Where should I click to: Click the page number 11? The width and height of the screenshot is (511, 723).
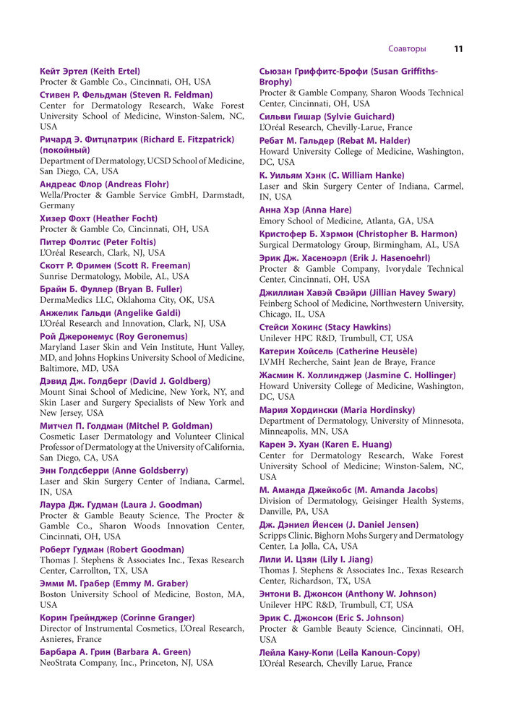(x=458, y=49)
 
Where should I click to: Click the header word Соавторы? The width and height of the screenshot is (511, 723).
(x=407, y=49)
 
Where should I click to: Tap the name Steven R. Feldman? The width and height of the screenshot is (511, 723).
(x=126, y=95)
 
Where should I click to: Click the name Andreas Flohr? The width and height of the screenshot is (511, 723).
(x=104, y=184)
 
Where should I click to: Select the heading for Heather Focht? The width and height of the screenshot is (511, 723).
(x=98, y=218)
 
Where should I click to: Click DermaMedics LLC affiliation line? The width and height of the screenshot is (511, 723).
(x=127, y=300)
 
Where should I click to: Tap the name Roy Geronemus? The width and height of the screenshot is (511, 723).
(x=113, y=336)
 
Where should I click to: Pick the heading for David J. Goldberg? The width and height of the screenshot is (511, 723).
(x=125, y=380)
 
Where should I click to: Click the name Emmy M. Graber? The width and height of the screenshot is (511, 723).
(x=113, y=583)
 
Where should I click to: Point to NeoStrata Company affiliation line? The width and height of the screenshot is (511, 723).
(x=126, y=662)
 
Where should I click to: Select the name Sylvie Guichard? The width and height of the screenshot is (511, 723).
(x=327, y=116)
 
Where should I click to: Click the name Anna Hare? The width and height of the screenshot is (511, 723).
(x=306, y=210)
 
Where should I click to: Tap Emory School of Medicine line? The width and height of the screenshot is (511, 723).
(x=346, y=221)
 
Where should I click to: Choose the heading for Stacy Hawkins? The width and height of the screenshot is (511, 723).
(x=325, y=327)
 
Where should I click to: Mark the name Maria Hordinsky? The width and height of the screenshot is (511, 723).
(x=338, y=410)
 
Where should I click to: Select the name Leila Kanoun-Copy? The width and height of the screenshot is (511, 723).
(x=340, y=653)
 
